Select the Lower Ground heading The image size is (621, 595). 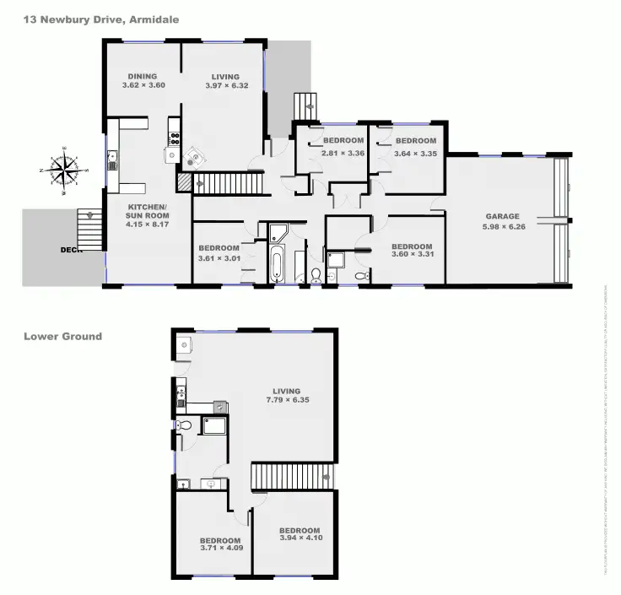[62, 336]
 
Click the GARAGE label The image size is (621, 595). [501, 215]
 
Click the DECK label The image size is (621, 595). [70, 250]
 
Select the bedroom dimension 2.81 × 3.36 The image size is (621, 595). [343, 153]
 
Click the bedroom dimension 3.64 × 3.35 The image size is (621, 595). [415, 153]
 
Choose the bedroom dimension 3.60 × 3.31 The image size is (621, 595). [412, 257]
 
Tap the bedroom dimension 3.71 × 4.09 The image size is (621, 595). [220, 549]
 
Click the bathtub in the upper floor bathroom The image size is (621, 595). [278, 261]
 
